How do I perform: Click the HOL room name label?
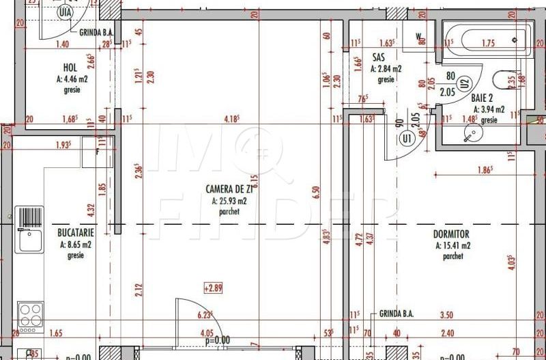(70, 68)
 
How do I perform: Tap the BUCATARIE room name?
(76, 232)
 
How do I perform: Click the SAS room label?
(379, 57)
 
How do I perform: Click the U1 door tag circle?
(408, 139)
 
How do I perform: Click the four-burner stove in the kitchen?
(31, 316)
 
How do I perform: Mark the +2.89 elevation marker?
(214, 289)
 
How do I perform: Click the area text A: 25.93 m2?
(229, 202)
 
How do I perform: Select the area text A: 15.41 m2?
(452, 245)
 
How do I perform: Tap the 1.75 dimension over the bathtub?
(487, 43)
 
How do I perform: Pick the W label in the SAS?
(419, 35)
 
